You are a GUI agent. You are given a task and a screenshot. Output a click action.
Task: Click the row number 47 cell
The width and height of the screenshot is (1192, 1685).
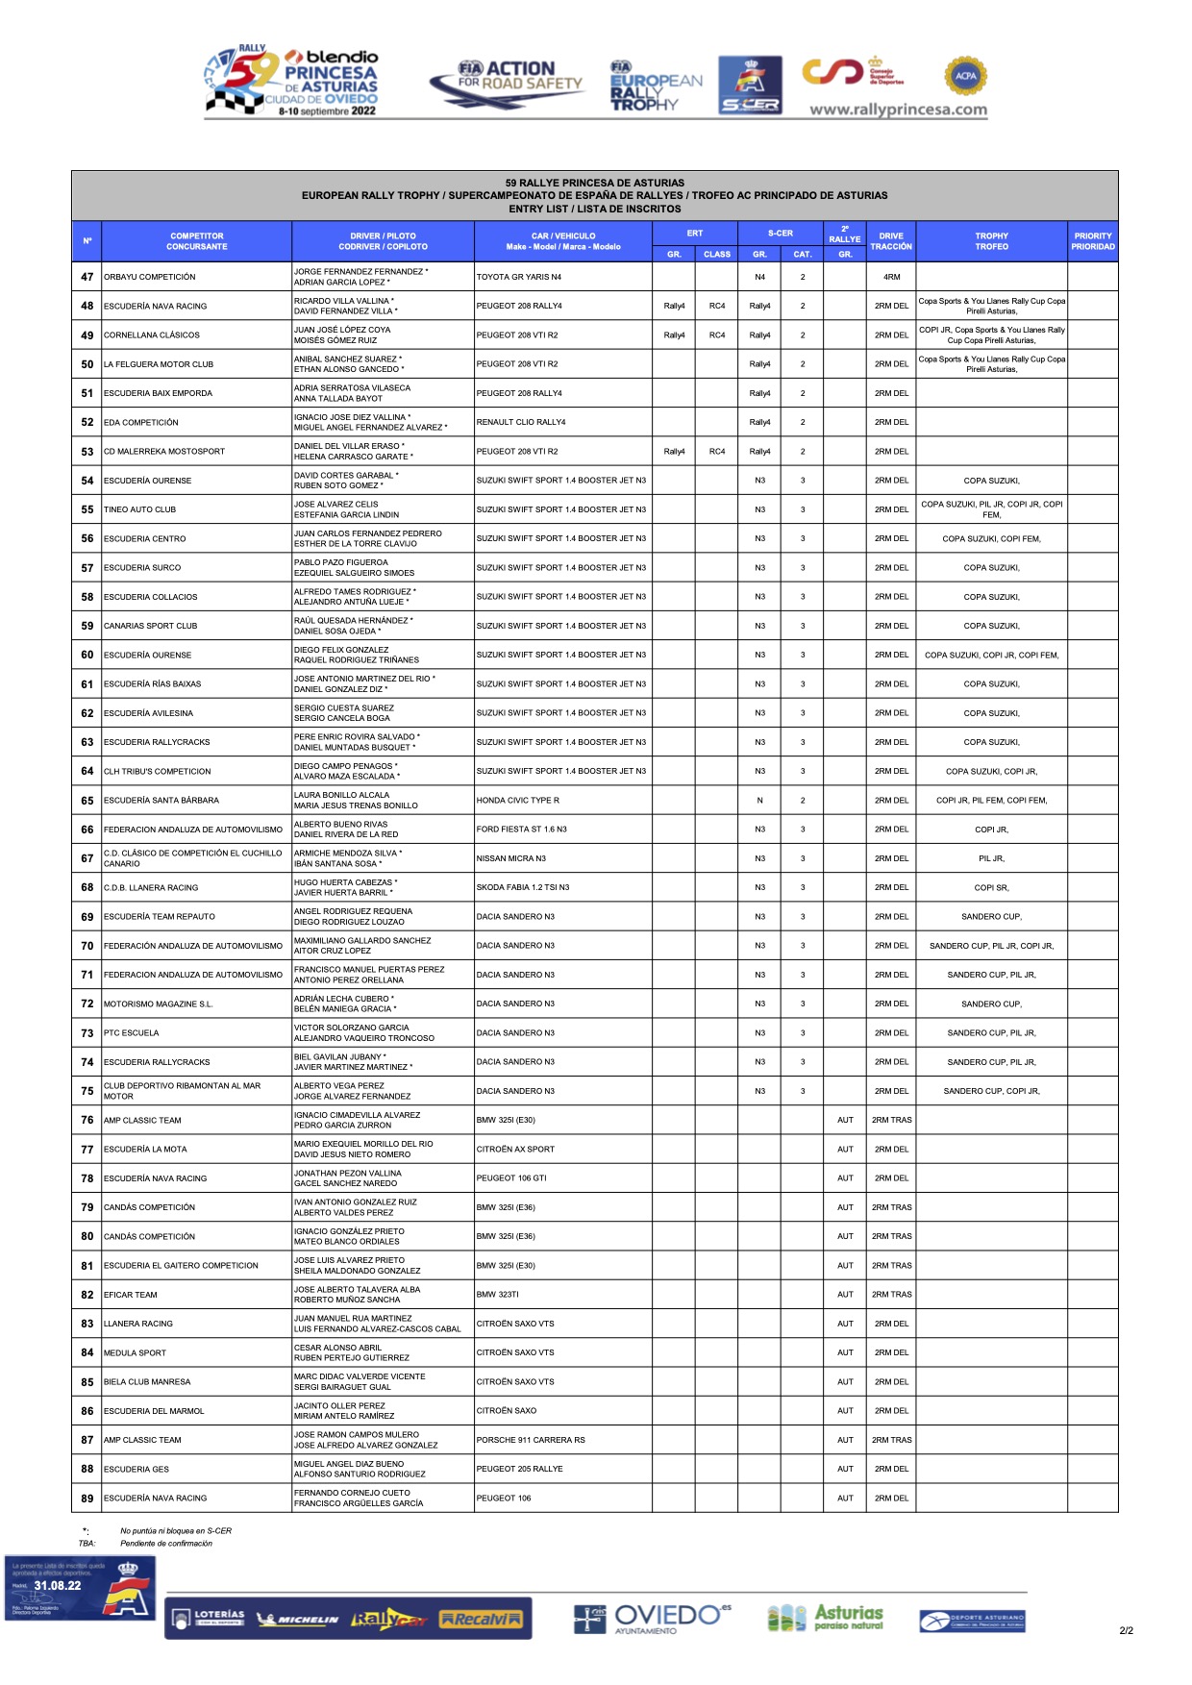pyautogui.click(x=87, y=277)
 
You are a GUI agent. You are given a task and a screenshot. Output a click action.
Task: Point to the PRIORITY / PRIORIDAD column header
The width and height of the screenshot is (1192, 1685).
pyautogui.click(x=1093, y=241)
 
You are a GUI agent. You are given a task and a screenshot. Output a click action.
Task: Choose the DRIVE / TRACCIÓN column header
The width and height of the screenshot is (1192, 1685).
pyautogui.click(x=891, y=241)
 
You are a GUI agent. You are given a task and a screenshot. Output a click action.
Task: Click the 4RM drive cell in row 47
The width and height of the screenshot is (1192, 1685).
pyautogui.click(x=891, y=277)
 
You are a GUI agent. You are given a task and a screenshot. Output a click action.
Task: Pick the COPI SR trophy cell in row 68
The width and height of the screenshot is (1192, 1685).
pyautogui.click(x=991, y=887)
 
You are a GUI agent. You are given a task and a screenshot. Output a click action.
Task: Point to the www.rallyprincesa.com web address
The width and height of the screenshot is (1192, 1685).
pyautogui.click(x=898, y=110)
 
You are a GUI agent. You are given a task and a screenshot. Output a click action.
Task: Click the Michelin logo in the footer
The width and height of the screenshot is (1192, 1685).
pyautogui.click(x=298, y=1620)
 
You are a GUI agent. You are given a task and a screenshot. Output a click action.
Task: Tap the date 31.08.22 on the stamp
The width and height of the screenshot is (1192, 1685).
pyautogui.click(x=58, y=1586)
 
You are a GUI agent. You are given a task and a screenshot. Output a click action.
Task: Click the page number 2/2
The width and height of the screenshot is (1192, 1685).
pyautogui.click(x=1126, y=1630)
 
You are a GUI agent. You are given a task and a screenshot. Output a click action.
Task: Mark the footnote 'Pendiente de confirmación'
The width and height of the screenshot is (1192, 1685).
pyautogui.click(x=166, y=1544)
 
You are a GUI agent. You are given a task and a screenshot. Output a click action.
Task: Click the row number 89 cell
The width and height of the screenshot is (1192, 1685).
pyautogui.click(x=87, y=1498)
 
